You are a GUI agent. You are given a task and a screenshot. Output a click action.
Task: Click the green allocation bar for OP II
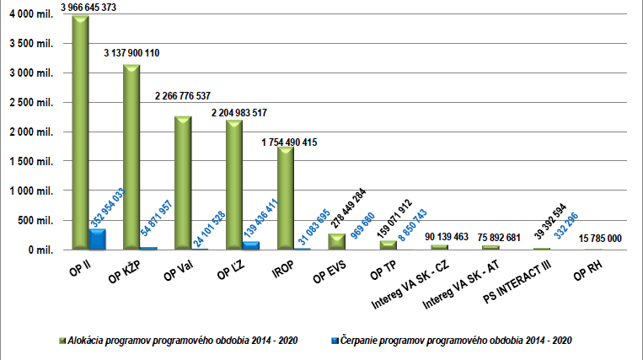(x=80, y=135)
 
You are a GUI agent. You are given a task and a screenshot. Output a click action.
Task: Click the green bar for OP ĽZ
(x=233, y=185)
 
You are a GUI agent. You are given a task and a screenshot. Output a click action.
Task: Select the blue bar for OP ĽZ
(x=250, y=245)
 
